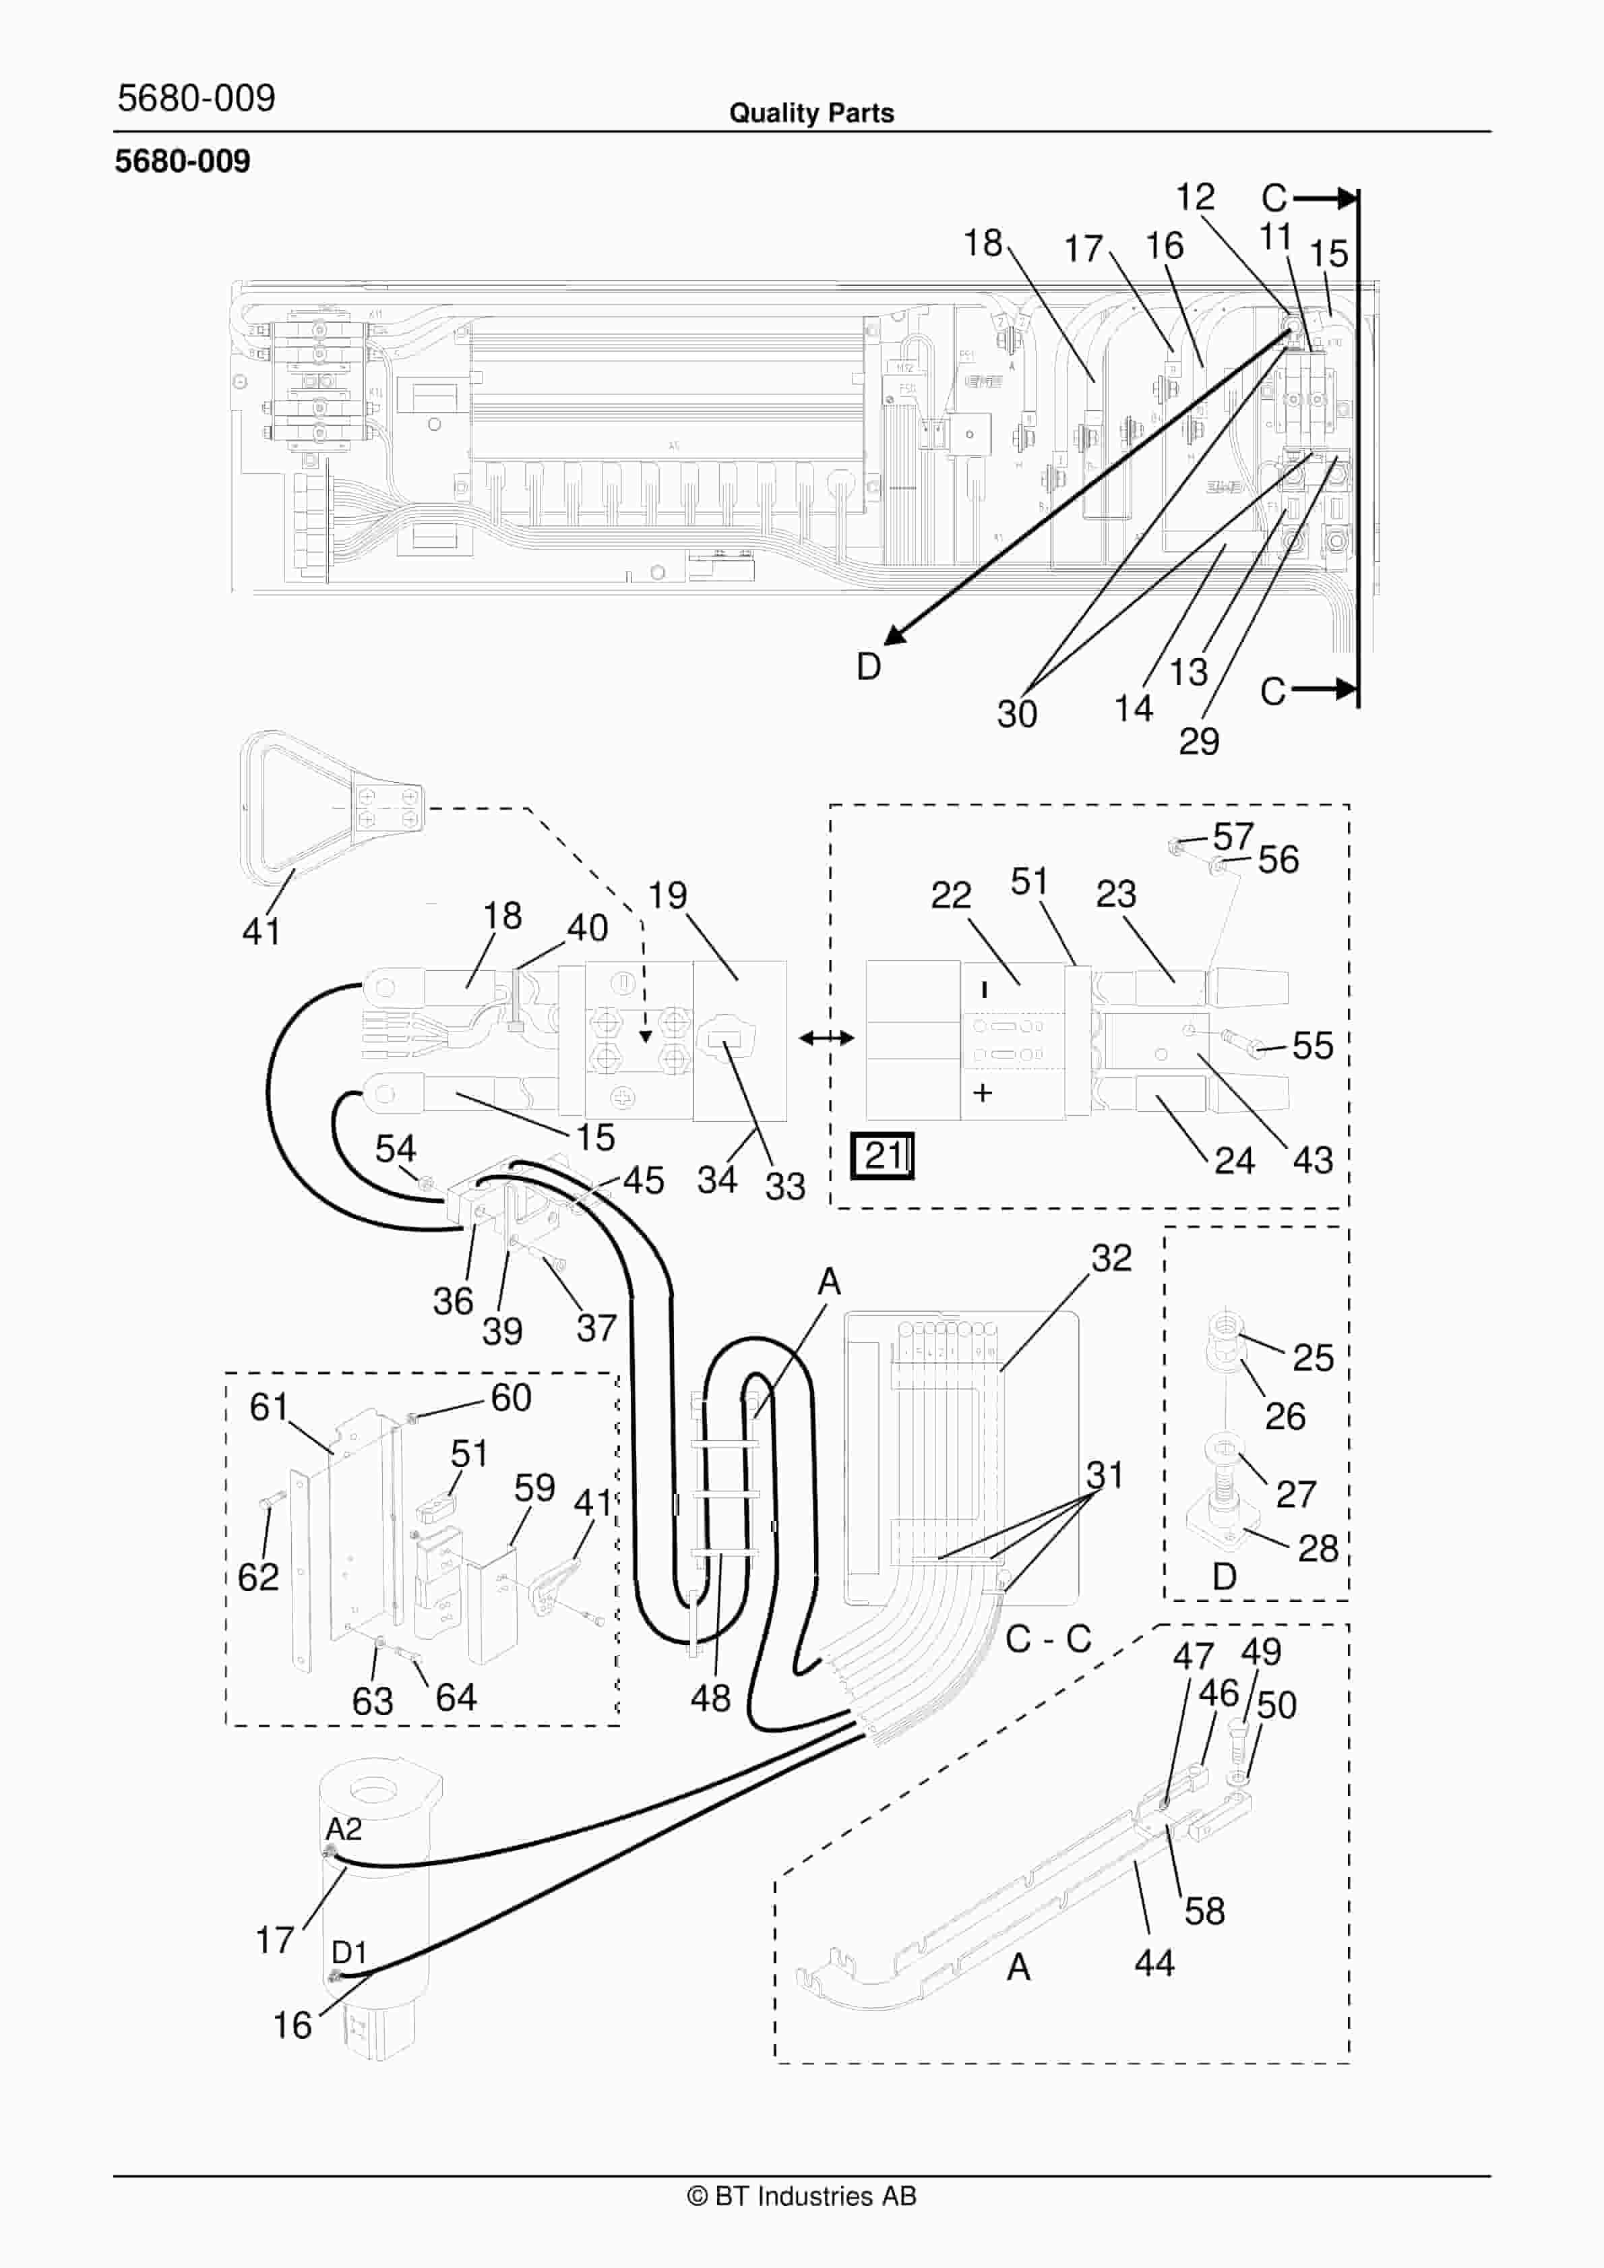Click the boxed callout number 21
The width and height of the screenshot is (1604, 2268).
click(x=882, y=1155)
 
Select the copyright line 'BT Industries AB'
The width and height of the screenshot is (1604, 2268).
click(x=802, y=2196)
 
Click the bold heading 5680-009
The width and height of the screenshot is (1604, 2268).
click(x=183, y=161)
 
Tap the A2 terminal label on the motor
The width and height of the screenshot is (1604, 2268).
click(x=344, y=1828)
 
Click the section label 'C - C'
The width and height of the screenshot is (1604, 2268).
click(x=1048, y=1639)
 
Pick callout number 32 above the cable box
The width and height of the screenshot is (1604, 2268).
click(x=1111, y=1257)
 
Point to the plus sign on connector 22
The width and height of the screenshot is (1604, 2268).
click(x=982, y=1092)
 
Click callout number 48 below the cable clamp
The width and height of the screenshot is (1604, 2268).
click(x=710, y=1698)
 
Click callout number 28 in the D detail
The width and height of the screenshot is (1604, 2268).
click(x=1318, y=1548)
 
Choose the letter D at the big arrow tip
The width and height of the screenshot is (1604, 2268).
click(x=868, y=667)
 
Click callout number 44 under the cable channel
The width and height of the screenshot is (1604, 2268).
click(x=1154, y=1963)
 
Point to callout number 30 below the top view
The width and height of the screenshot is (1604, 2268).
click(x=1017, y=713)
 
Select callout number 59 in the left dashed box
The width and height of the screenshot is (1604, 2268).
click(x=534, y=1488)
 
